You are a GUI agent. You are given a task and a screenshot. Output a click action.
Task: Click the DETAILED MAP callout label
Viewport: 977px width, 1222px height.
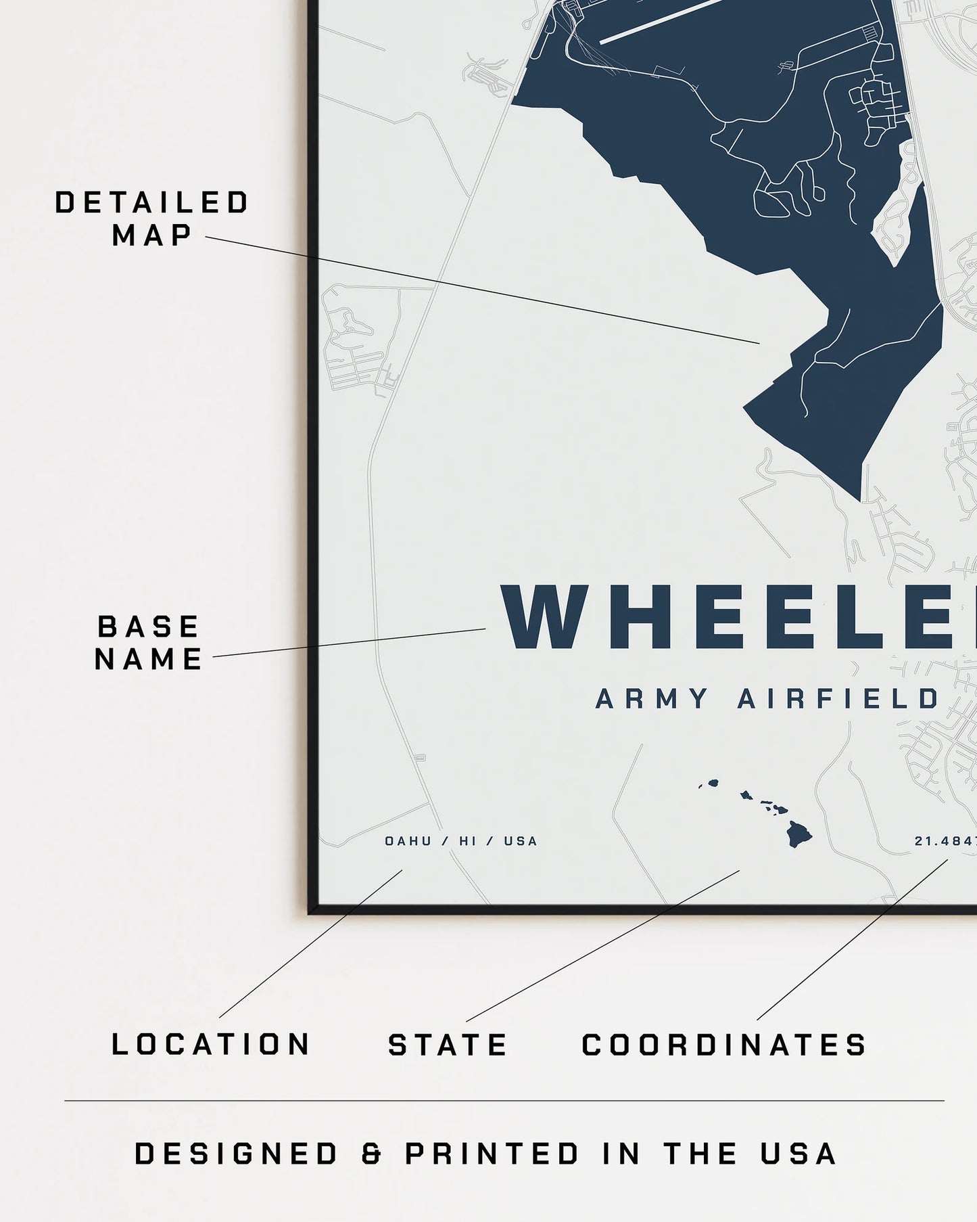click(x=151, y=219)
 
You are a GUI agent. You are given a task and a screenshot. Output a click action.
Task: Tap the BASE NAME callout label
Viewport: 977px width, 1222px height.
click(x=149, y=643)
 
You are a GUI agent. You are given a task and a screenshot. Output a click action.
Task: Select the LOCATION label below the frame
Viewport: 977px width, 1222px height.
click(x=210, y=1044)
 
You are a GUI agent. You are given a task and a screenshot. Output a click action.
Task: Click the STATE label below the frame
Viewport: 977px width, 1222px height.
click(x=448, y=1045)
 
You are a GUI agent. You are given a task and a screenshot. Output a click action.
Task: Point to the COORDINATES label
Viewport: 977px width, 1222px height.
click(x=724, y=1045)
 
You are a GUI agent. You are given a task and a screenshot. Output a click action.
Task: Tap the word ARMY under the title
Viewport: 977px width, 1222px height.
click(x=652, y=699)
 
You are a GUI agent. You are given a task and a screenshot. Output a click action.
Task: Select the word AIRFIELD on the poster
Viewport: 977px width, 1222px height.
click(x=838, y=699)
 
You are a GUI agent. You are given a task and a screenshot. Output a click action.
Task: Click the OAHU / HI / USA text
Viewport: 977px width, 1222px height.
click(x=461, y=841)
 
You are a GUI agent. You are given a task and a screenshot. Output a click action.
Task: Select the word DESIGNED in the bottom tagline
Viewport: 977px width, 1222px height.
click(x=236, y=1154)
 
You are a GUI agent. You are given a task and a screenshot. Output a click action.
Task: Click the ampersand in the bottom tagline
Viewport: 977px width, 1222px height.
click(x=371, y=1154)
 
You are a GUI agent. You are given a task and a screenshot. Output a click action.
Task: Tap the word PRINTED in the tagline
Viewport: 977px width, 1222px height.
click(x=492, y=1154)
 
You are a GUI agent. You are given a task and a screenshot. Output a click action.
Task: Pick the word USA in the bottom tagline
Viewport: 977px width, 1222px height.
click(x=799, y=1154)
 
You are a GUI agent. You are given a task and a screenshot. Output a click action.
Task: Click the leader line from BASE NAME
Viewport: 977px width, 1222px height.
click(x=349, y=643)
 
